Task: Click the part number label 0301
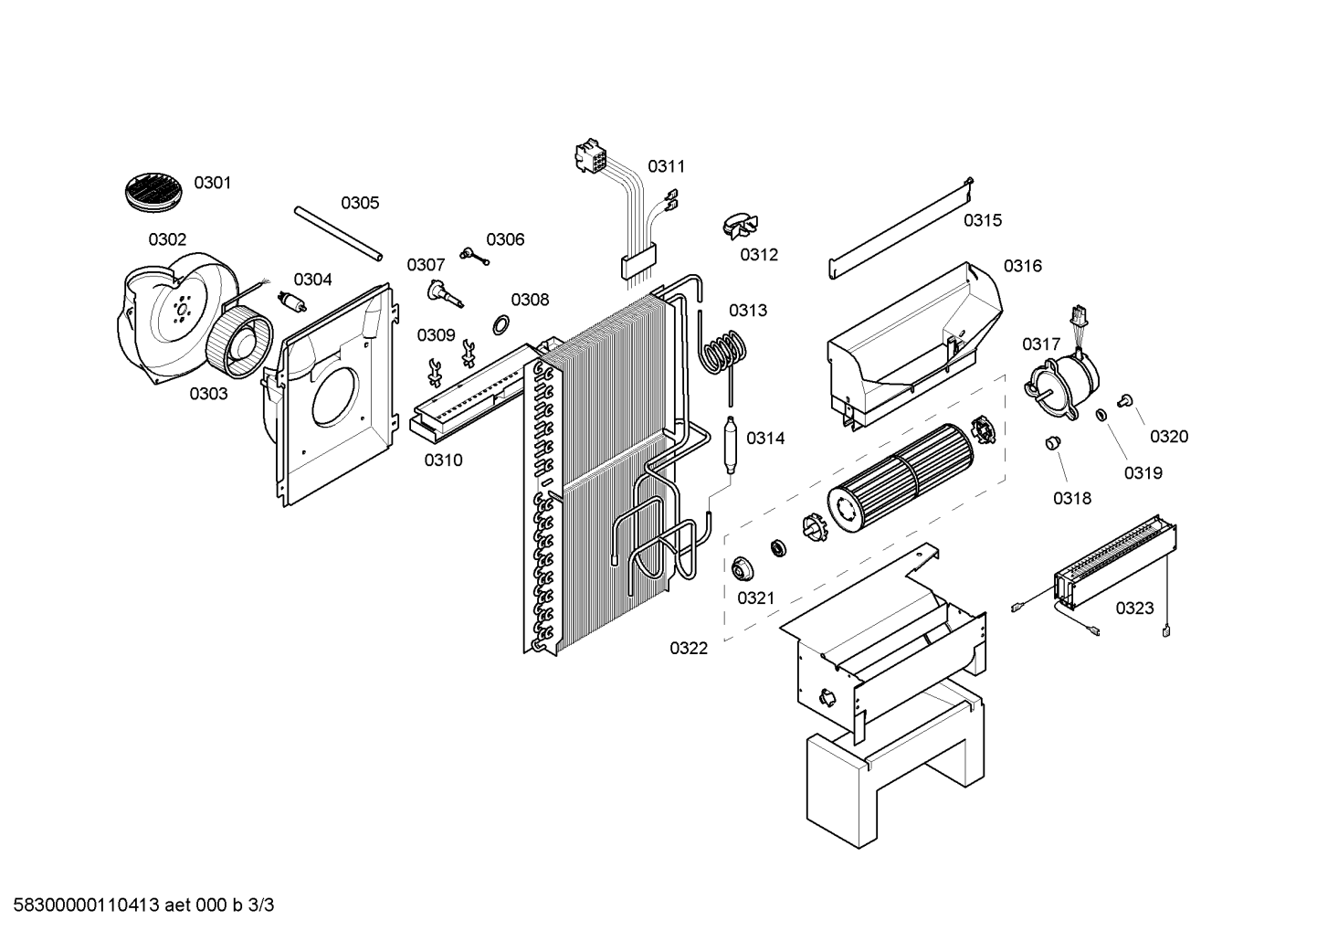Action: pyautogui.click(x=212, y=183)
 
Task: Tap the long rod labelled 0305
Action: pyautogui.click(x=337, y=235)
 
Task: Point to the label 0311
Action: pyautogui.click(x=666, y=166)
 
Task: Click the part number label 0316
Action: pyautogui.click(x=1022, y=266)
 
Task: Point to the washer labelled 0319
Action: pyautogui.click(x=1101, y=416)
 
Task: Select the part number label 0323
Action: pyautogui.click(x=1134, y=608)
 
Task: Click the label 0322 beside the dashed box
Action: pyautogui.click(x=689, y=649)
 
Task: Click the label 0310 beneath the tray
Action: pyautogui.click(x=443, y=460)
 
